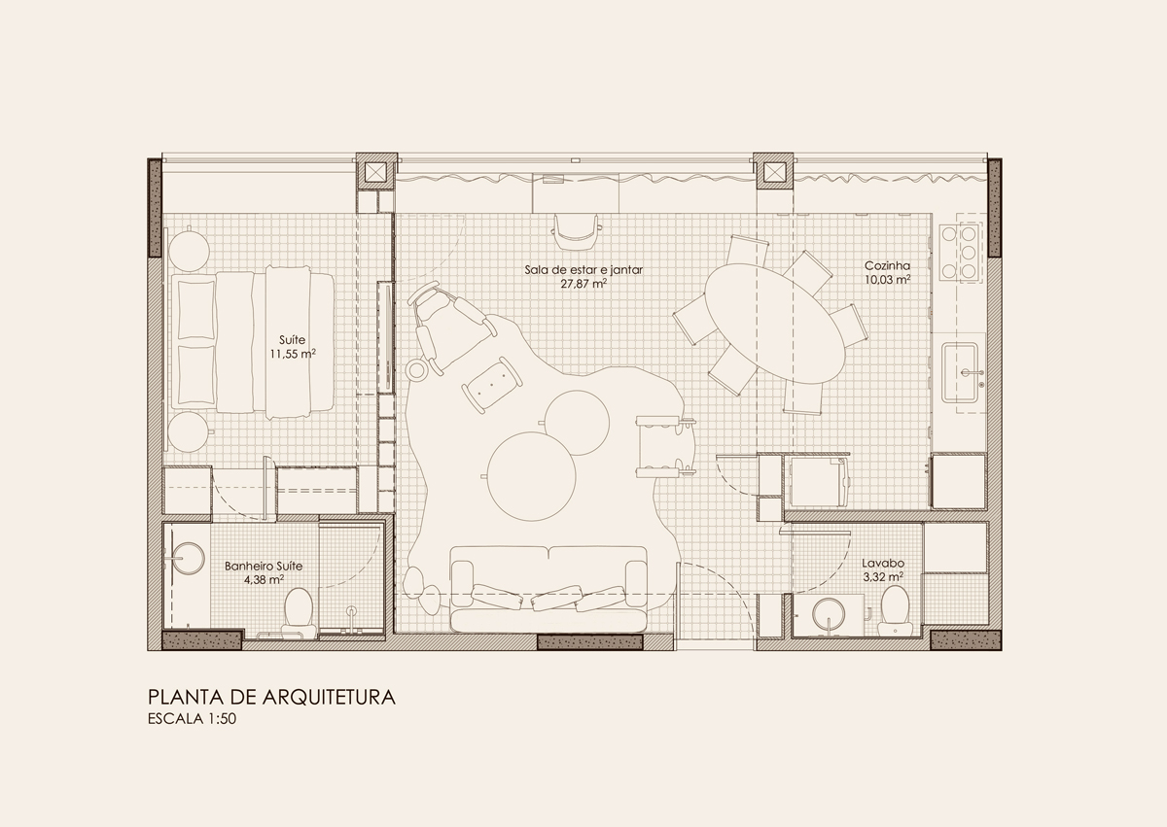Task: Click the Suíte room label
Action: coord(292,340)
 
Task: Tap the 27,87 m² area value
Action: coord(583,284)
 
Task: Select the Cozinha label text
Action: coord(887,266)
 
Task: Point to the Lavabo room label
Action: coord(883,563)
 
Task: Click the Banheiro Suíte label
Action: coord(264,566)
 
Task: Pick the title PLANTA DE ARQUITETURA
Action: coord(271,698)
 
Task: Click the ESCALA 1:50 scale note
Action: coord(192,719)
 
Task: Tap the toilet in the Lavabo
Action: coord(896,610)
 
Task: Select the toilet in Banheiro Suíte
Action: coord(299,612)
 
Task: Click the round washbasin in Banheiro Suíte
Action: coord(186,559)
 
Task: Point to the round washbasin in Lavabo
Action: coord(829,614)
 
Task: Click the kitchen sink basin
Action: coord(959,372)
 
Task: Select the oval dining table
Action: coord(776,324)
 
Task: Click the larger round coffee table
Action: coord(532,476)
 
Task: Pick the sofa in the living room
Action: coord(548,588)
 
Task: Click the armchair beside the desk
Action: coord(576,231)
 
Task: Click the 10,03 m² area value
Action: coord(887,280)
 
